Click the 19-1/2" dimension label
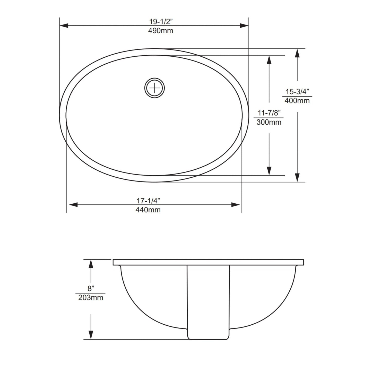[x=161, y=21]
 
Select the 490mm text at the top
[x=161, y=31]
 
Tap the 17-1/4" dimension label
[x=148, y=200]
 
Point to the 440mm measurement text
[x=148, y=210]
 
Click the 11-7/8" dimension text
[x=269, y=113]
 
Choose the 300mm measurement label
[x=269, y=122]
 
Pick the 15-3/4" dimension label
[x=297, y=91]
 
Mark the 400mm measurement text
[x=297, y=101]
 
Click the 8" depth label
[x=90, y=288]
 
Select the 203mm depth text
[x=91, y=298]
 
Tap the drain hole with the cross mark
[x=154, y=88]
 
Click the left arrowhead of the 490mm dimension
[x=64, y=25]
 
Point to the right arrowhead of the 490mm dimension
[x=244, y=25]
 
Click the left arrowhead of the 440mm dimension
[x=73, y=205]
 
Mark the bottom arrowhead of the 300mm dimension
[x=269, y=170]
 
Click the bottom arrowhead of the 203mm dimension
[x=90, y=334]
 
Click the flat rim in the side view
[x=208, y=262]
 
